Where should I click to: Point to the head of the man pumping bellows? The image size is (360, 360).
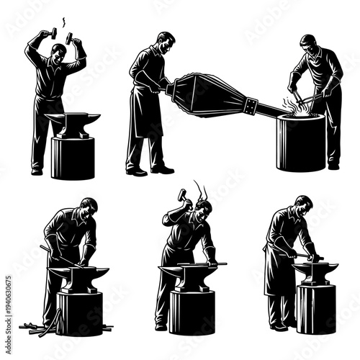pyautogui.click(x=166, y=44)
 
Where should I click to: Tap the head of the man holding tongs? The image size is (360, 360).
pyautogui.click(x=309, y=45)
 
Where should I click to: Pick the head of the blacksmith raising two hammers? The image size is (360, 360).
pyautogui.click(x=58, y=52)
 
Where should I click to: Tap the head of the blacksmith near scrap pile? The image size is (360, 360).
pyautogui.click(x=88, y=210)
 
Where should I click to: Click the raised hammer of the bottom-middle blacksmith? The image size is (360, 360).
pyautogui.click(x=182, y=194)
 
